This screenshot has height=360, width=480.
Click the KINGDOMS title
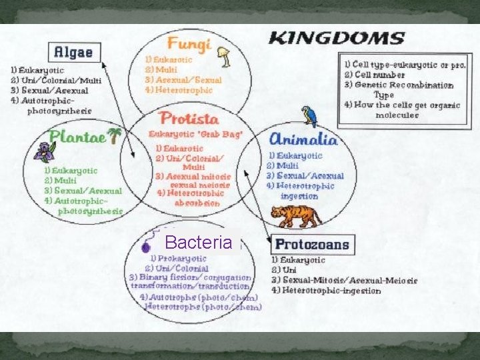[x=336, y=38]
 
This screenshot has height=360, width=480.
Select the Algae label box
[x=74, y=52]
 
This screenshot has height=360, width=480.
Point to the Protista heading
[x=189, y=119]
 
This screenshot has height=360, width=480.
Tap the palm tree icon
[x=116, y=135]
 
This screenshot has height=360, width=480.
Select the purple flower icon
[x=45, y=153]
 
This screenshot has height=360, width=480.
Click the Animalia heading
[x=303, y=139]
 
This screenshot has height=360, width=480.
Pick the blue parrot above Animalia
[x=309, y=116]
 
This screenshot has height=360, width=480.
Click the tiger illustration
[x=295, y=215]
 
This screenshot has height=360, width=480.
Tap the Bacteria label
[x=198, y=242]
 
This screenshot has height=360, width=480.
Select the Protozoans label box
[x=311, y=244]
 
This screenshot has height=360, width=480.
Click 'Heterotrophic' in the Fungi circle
[x=183, y=89]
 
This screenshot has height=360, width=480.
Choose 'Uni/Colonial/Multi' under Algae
[x=61, y=81]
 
